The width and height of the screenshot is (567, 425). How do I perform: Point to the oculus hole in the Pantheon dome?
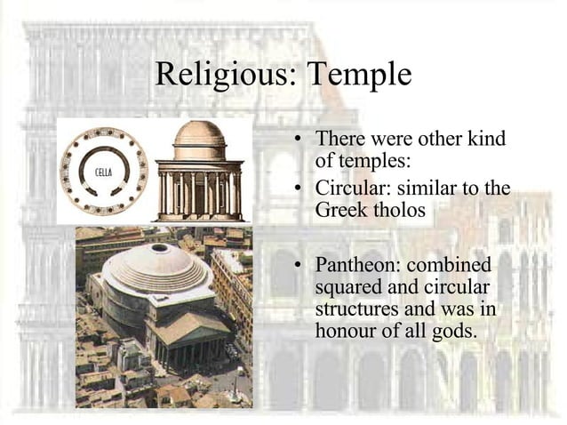[159, 248]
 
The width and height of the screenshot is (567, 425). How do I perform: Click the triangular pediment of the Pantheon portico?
[190, 326]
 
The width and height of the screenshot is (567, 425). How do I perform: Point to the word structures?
[353, 309]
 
